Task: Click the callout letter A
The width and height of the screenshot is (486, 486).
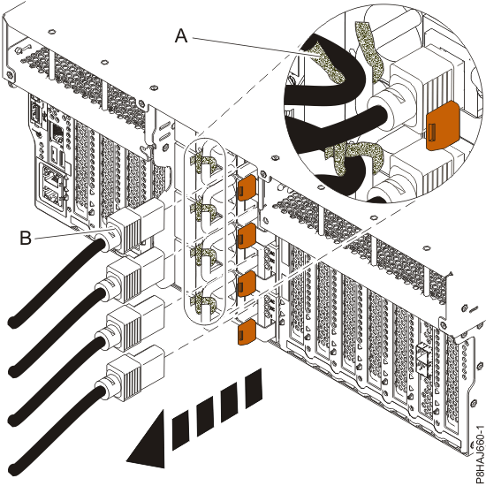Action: click(181, 35)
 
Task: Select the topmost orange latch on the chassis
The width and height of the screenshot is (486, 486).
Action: click(247, 188)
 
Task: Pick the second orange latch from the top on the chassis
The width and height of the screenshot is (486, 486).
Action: click(247, 236)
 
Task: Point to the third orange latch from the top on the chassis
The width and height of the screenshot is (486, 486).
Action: click(247, 283)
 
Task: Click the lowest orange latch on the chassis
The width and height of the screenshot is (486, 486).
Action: click(247, 331)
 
